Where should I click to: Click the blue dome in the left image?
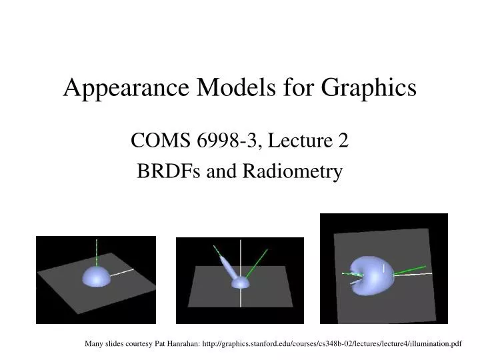click(97, 277)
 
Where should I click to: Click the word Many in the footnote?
click(94, 344)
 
